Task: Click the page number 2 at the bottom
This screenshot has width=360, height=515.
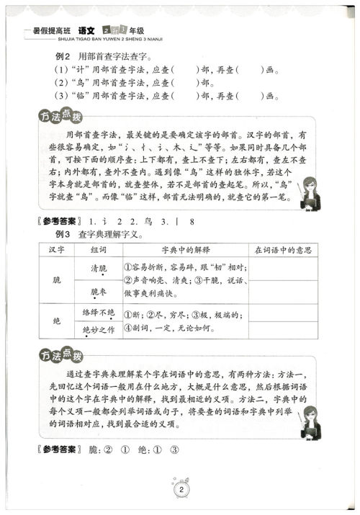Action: pos(179,492)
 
